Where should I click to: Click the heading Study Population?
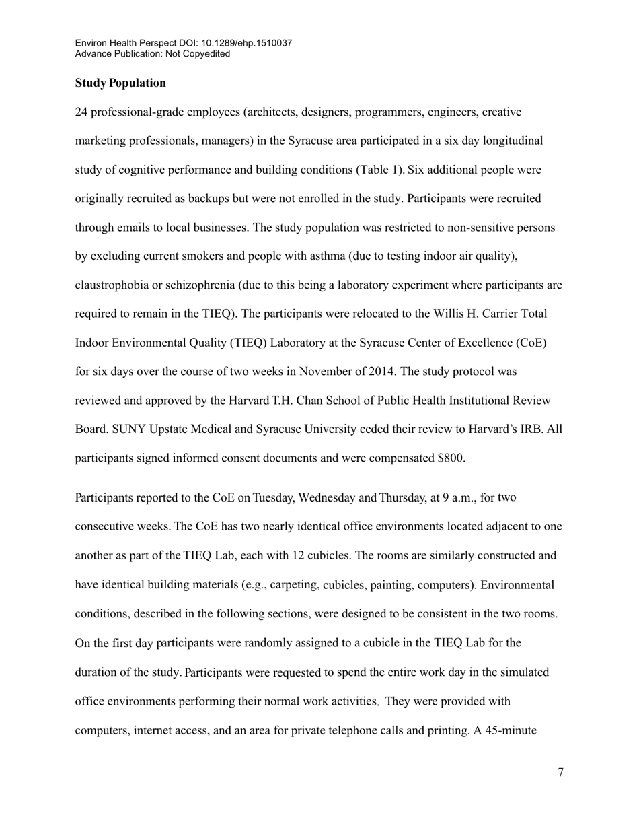pos(120,83)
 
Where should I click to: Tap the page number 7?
pos(560,773)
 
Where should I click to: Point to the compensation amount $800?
pos(450,458)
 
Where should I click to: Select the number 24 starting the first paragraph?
pos(81,112)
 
